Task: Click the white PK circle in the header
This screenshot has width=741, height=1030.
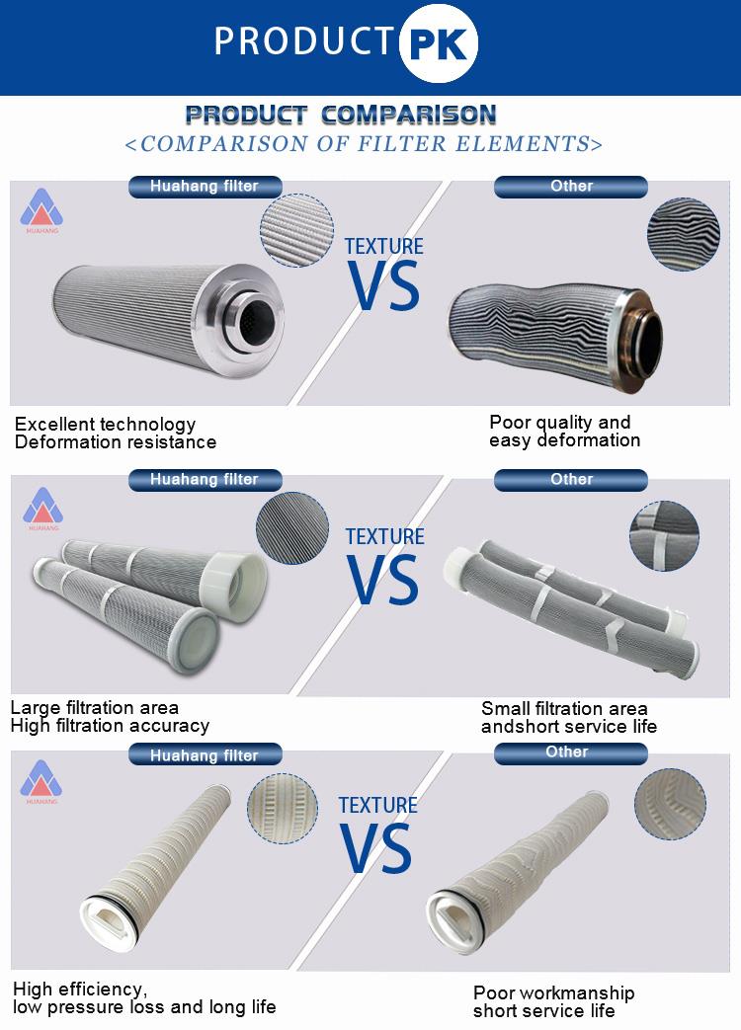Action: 438,43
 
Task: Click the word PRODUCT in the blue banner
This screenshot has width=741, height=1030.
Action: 303,40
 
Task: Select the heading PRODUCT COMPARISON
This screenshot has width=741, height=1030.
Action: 341,115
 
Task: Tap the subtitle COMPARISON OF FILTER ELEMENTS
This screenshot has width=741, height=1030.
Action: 364,144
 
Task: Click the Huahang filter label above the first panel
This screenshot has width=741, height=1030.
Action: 205,187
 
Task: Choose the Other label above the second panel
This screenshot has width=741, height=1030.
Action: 571,480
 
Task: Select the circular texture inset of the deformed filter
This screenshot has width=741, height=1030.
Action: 683,234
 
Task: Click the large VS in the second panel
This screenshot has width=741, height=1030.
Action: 383,579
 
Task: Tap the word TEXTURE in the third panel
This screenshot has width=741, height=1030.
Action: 377,806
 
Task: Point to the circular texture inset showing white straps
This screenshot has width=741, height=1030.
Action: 664,535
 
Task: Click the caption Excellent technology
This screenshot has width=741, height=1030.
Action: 105,424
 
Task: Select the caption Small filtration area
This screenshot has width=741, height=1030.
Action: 564,708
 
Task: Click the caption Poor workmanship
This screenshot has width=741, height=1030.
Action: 554,992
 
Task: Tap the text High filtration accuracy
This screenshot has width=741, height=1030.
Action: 110,725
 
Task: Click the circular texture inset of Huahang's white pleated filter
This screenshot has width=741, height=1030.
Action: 283,809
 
